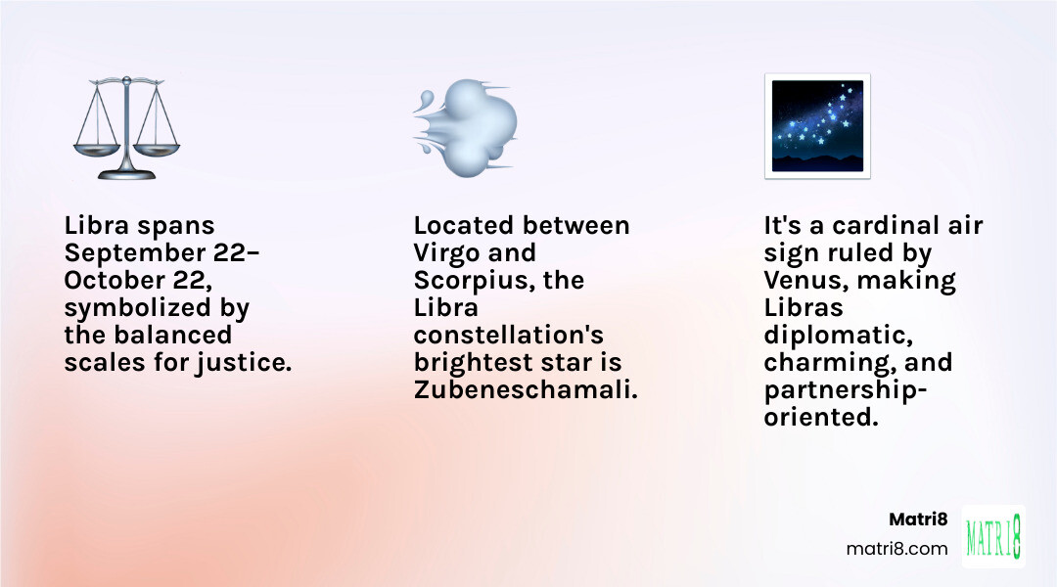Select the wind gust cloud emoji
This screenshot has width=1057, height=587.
pyautogui.click(x=466, y=126)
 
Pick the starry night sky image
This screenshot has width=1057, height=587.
pyautogui.click(x=817, y=126)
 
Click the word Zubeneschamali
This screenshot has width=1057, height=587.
pyautogui.click(x=525, y=389)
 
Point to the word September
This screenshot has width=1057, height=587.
pyautogui.click(x=126, y=252)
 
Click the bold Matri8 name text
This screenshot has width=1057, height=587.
pyautogui.click(x=918, y=519)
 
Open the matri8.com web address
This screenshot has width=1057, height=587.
pyautogui.click(x=896, y=549)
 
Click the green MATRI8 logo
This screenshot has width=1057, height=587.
pyautogui.click(x=994, y=536)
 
